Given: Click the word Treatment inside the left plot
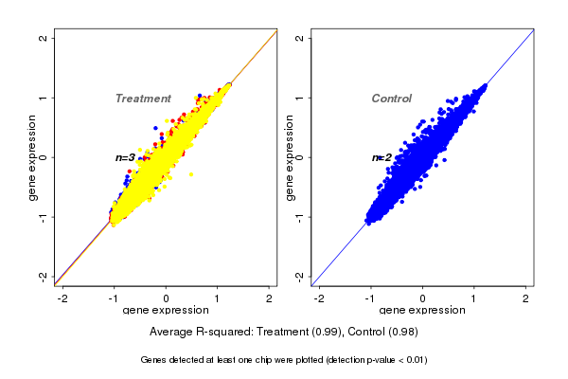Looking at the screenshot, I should coord(143,99).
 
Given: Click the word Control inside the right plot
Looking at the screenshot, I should coord(391,99).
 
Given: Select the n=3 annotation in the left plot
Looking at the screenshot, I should coord(125,157).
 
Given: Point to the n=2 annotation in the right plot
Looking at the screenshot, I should coord(382,157).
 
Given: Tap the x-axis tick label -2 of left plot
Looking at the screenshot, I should coord(62,298).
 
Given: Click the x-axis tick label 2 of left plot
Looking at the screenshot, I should coord(270,298).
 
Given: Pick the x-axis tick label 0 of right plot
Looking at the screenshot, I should coord(423,298).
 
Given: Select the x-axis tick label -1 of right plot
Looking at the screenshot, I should coord(370,298).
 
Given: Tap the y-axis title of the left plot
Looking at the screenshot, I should coord(33,157).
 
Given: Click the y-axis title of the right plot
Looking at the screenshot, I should coord(290,157).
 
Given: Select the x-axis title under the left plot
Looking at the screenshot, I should coord(166,311).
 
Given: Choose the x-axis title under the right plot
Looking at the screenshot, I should coord(422,311).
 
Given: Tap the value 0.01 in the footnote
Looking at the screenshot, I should coord(413,360).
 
